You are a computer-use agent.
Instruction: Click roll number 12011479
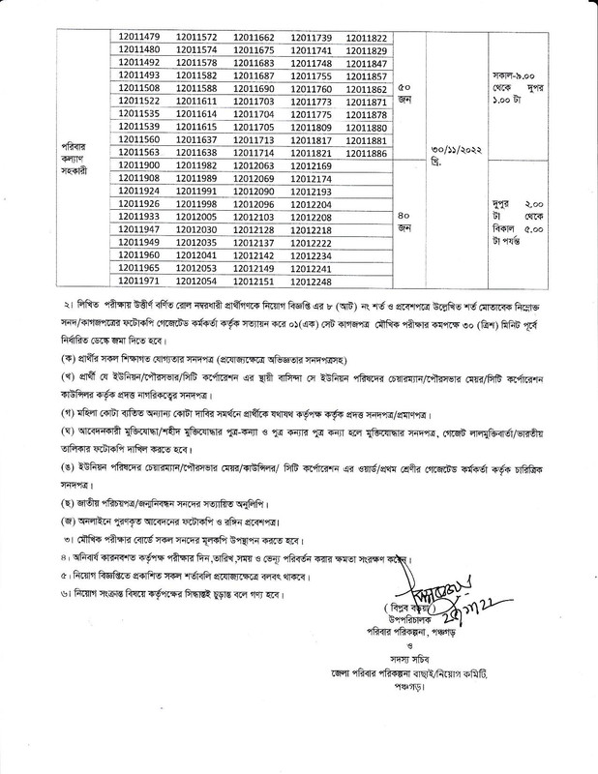[139, 36]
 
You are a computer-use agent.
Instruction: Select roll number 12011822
[366, 36]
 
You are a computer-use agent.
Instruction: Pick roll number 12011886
[366, 153]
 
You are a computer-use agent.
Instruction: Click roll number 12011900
[139, 166]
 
